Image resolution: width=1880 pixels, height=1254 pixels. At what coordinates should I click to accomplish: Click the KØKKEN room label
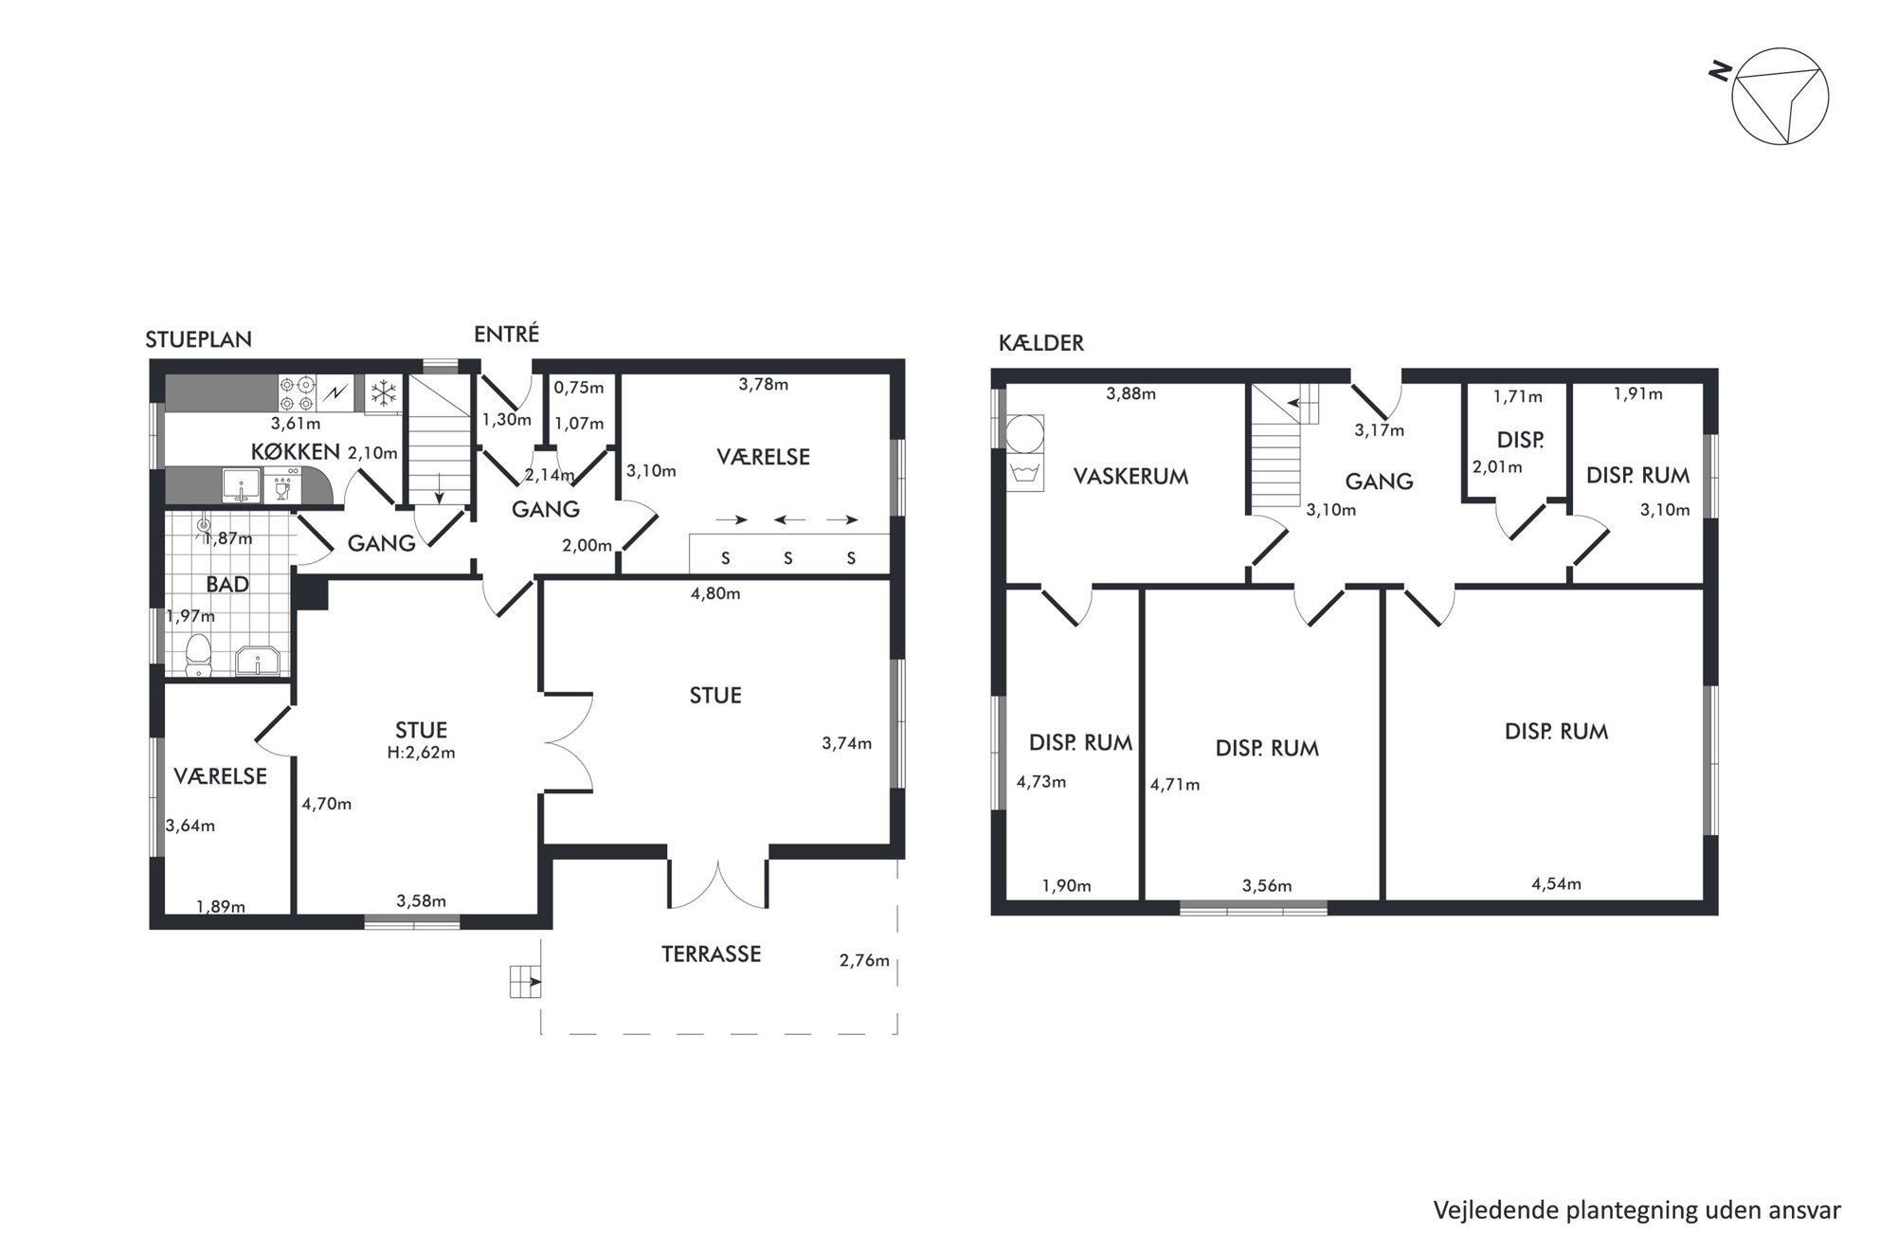click(x=296, y=451)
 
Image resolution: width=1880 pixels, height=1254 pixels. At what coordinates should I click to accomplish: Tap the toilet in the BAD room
click(x=198, y=655)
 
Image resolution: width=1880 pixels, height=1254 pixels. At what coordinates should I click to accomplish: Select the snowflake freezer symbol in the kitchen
click(x=384, y=392)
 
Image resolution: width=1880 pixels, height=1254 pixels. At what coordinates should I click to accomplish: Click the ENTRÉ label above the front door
click(x=506, y=334)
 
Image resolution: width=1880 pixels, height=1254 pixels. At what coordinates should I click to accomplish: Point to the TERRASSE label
click(x=711, y=954)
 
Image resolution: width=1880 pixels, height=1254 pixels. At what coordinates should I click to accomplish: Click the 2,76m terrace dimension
click(x=864, y=960)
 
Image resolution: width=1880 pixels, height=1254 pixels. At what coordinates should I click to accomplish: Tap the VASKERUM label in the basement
click(x=1130, y=476)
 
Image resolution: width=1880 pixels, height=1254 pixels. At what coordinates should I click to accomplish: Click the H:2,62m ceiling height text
click(x=421, y=753)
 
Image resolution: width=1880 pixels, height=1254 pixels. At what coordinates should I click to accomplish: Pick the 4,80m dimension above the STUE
click(x=715, y=594)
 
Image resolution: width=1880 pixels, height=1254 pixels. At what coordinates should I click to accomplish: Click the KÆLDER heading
click(x=1040, y=343)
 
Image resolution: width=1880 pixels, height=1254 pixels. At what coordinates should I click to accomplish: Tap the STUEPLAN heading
click(x=198, y=339)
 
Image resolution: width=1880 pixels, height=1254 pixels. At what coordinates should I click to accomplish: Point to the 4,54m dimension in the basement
click(x=1556, y=884)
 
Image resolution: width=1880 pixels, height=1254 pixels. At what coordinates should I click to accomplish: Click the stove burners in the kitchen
click(x=297, y=392)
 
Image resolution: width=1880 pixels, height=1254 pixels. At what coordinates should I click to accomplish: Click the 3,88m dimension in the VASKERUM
click(x=1130, y=393)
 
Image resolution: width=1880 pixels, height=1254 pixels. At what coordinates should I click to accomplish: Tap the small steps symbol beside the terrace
click(x=525, y=981)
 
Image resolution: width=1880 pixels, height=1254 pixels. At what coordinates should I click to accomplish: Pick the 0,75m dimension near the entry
click(x=578, y=388)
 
